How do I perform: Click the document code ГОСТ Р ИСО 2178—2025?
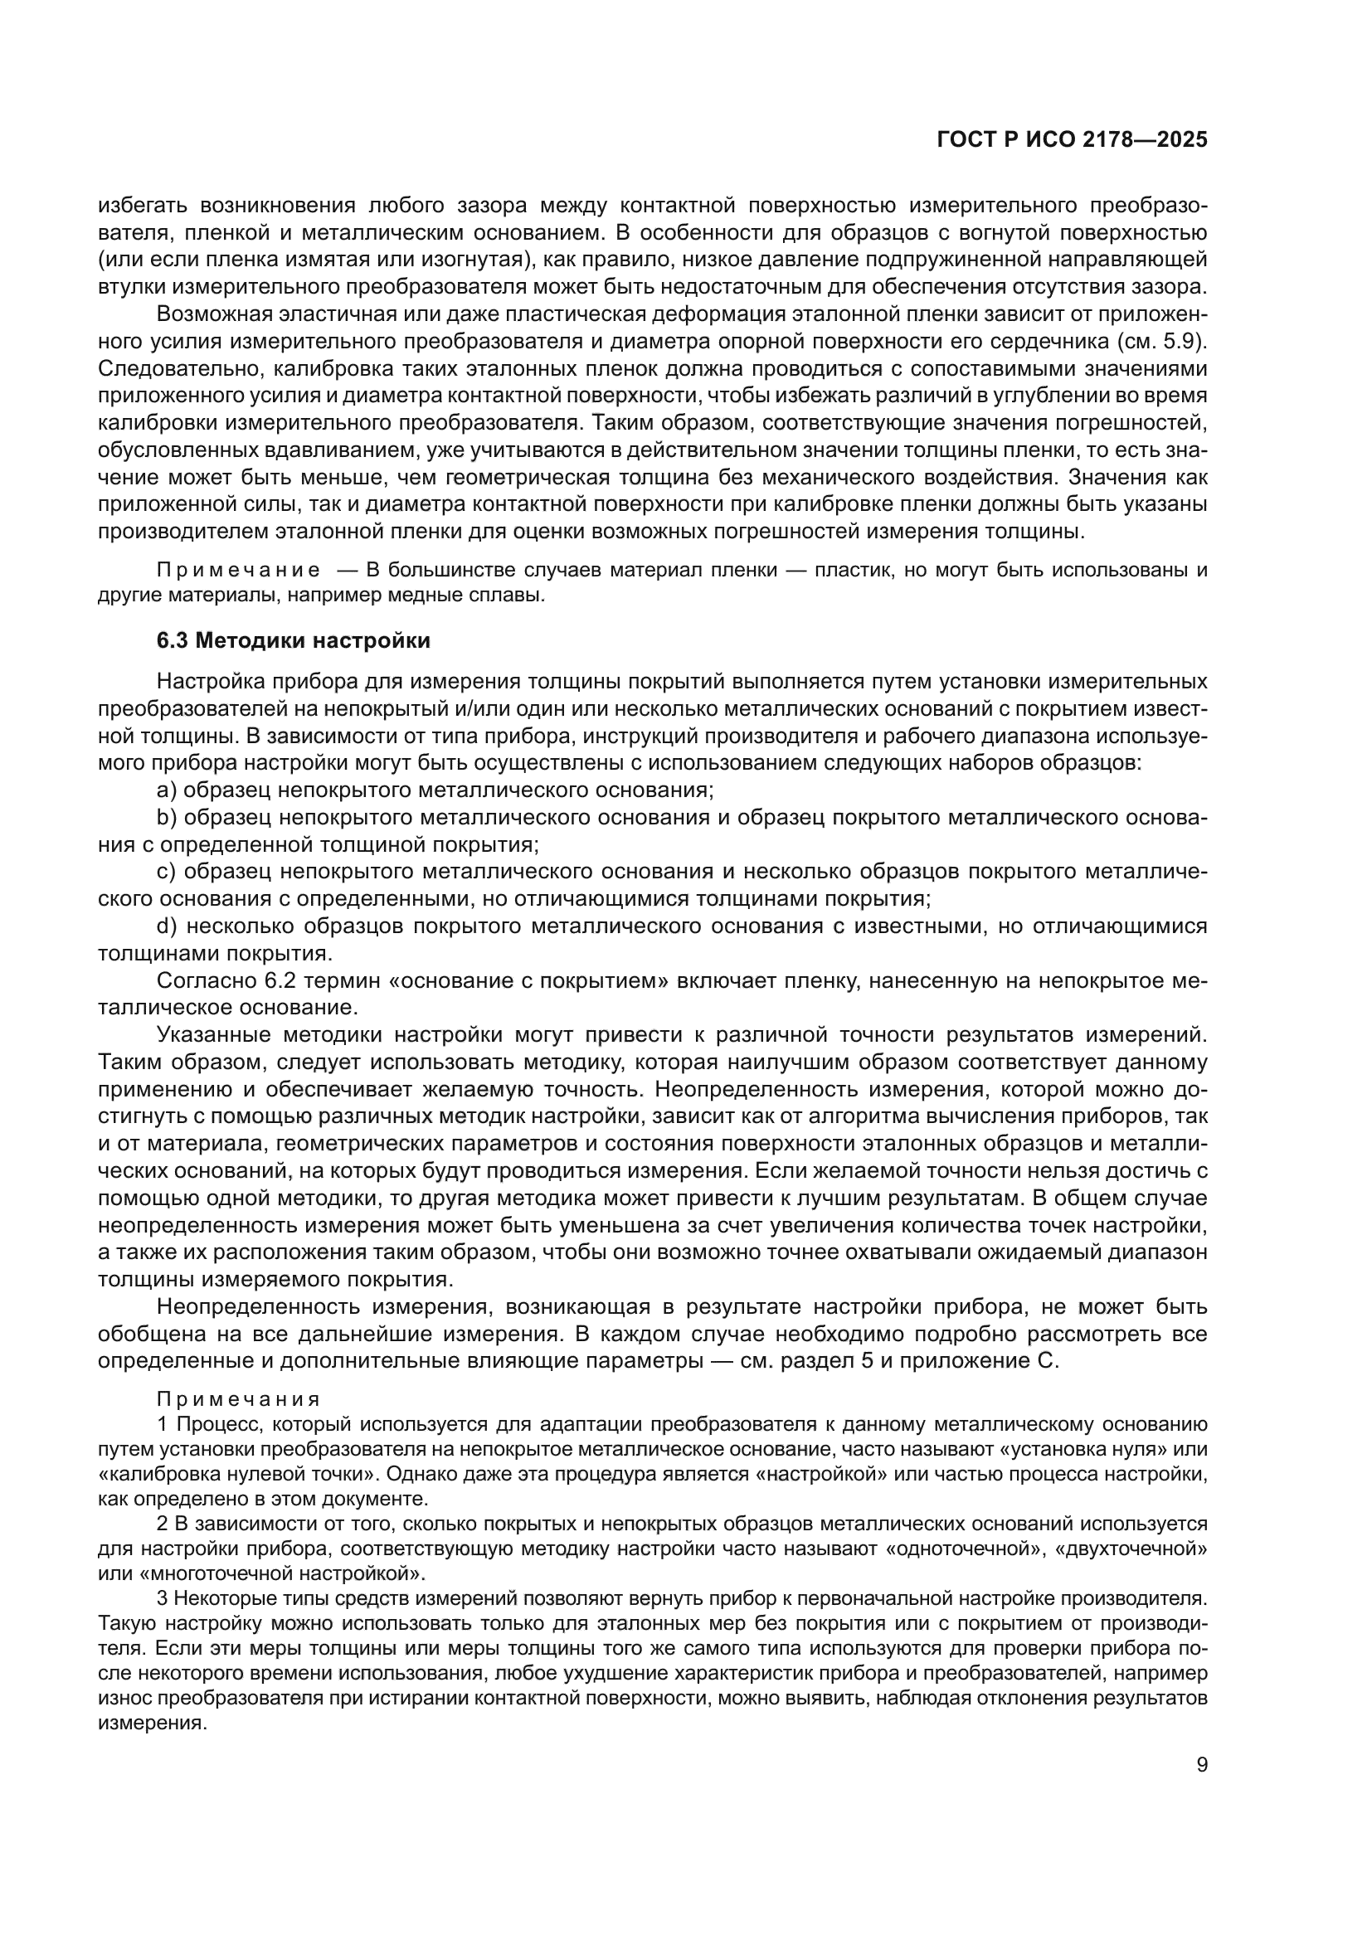(x=1071, y=140)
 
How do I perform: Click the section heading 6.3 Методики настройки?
(x=293, y=640)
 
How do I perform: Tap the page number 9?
(x=1201, y=1765)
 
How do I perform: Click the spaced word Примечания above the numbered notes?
(x=238, y=1399)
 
